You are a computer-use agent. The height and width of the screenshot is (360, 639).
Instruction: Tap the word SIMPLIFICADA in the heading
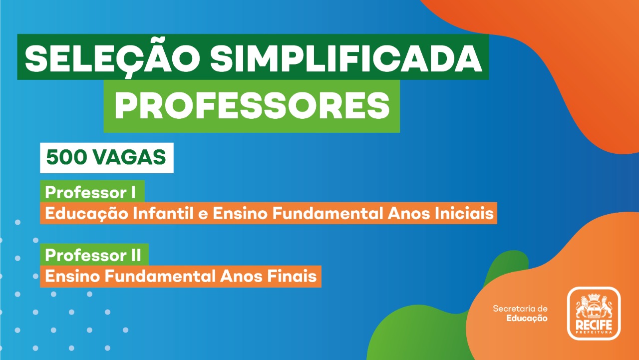click(x=346, y=58)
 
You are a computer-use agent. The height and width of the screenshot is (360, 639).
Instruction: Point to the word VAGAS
click(x=129, y=157)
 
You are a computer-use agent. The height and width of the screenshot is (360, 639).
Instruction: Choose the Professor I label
click(x=90, y=192)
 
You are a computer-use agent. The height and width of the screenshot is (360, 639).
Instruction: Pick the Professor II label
click(x=93, y=255)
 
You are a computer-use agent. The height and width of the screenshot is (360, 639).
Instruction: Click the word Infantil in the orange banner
click(x=163, y=213)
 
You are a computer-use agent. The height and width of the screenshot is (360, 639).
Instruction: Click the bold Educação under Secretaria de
click(x=527, y=319)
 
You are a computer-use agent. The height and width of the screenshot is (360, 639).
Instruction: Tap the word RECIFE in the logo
click(x=594, y=325)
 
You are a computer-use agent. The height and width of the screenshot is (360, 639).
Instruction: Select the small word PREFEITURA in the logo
click(x=594, y=332)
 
